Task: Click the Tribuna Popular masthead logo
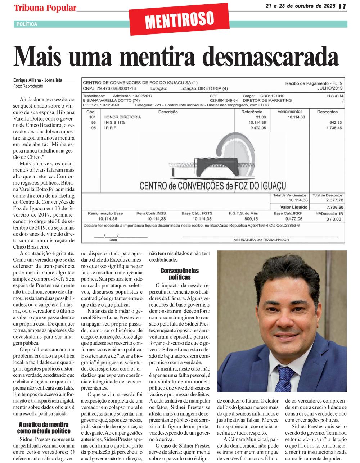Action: pyautogui.click(x=45, y=8)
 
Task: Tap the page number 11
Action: pyautogui.click(x=342, y=6)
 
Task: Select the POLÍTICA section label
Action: pyautogui.click(x=27, y=24)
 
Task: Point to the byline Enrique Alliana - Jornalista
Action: pyautogui.click(x=38, y=81)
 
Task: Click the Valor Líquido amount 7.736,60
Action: pyautogui.click(x=335, y=207)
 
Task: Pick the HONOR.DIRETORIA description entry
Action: pyautogui.click(x=122, y=117)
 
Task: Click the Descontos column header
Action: pyautogui.click(x=327, y=112)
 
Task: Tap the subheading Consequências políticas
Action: pyautogui.click(x=179, y=274)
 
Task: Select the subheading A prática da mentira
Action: pyautogui.click(x=44, y=428)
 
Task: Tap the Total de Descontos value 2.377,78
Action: pyautogui.click(x=334, y=200)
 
